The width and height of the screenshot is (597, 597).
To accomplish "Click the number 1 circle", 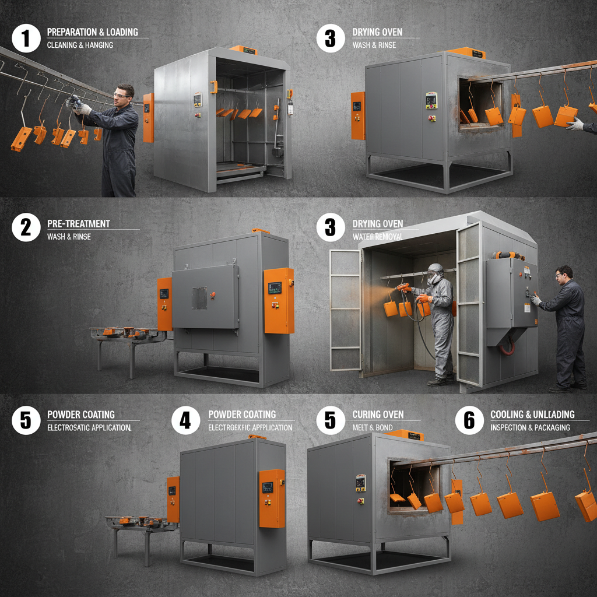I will (26, 38).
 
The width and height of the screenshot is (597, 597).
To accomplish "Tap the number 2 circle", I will (26, 227).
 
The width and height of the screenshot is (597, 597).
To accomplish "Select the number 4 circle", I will (185, 420).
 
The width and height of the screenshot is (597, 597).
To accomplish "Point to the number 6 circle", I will (469, 420).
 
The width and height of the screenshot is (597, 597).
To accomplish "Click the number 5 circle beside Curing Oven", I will (331, 420).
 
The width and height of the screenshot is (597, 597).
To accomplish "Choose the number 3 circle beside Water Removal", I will (331, 227).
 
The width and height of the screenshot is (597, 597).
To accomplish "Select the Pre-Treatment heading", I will (78, 223).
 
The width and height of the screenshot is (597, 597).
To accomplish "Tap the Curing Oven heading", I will (378, 415).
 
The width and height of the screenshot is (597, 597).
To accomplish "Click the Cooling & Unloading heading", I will (532, 415).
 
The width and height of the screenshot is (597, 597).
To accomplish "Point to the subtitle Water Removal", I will (377, 237).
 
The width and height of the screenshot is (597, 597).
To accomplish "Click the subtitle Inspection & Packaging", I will (530, 427).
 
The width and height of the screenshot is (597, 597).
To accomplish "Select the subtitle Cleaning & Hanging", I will (80, 45).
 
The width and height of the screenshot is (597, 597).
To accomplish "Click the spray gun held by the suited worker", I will (403, 287).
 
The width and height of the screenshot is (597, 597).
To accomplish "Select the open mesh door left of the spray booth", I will (345, 310).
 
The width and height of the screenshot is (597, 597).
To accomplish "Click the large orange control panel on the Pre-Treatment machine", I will (278, 300).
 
